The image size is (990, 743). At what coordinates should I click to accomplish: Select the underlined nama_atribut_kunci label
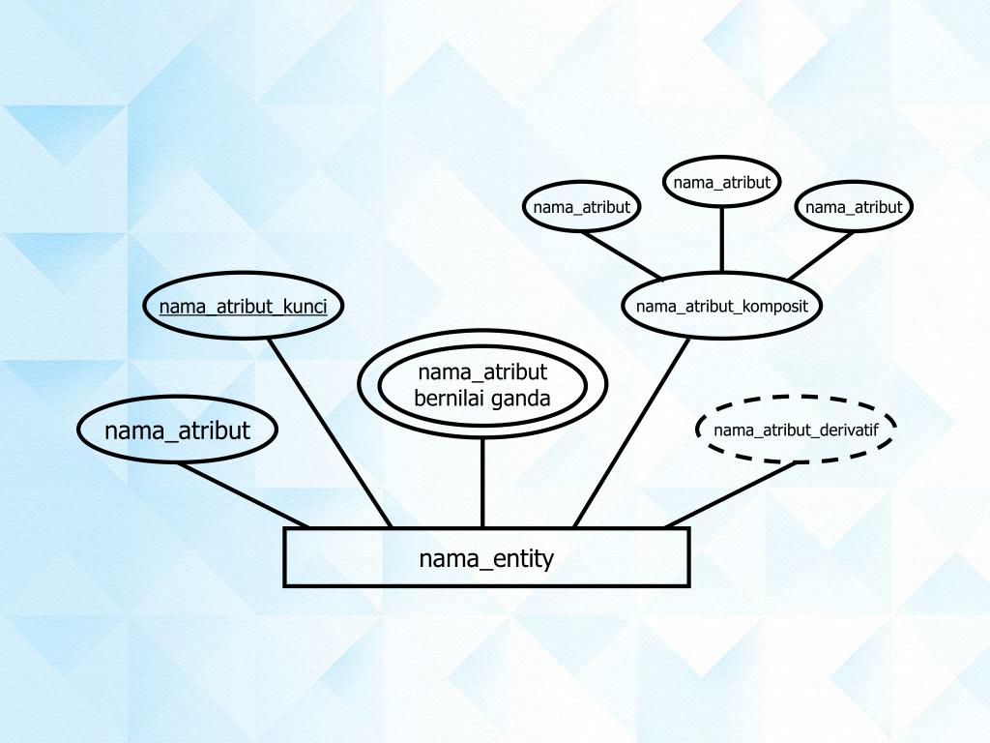coord(244,307)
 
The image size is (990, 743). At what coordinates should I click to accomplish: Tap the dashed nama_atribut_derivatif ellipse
coord(796,430)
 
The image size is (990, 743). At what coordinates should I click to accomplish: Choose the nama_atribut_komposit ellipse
coord(721,307)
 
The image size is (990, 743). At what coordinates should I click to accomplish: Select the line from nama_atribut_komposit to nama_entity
coord(632,431)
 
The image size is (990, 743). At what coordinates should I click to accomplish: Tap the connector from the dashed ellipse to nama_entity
coord(730,494)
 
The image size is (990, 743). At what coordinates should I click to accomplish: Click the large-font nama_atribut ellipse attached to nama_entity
coord(177,431)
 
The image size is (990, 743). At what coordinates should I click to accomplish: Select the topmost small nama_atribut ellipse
coord(721,182)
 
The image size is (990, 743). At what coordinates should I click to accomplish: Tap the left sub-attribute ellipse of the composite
coord(581,207)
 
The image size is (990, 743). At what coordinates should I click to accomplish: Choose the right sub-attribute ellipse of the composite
coord(854,207)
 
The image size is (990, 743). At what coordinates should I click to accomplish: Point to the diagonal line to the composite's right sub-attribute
coord(820,254)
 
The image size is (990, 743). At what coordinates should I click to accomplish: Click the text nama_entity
coord(486,558)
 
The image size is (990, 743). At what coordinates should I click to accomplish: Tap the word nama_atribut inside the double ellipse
coord(482,372)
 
